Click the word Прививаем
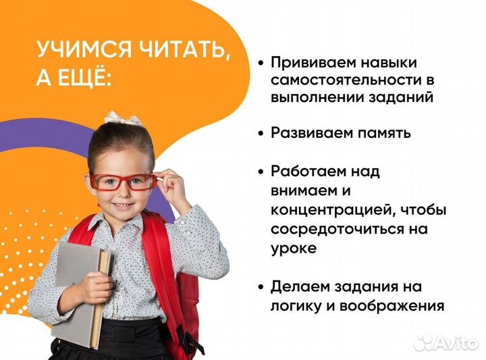point(313,62)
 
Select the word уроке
point(294,248)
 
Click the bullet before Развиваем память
point(260,133)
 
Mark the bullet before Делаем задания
point(260,287)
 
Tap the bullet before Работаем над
point(260,172)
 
